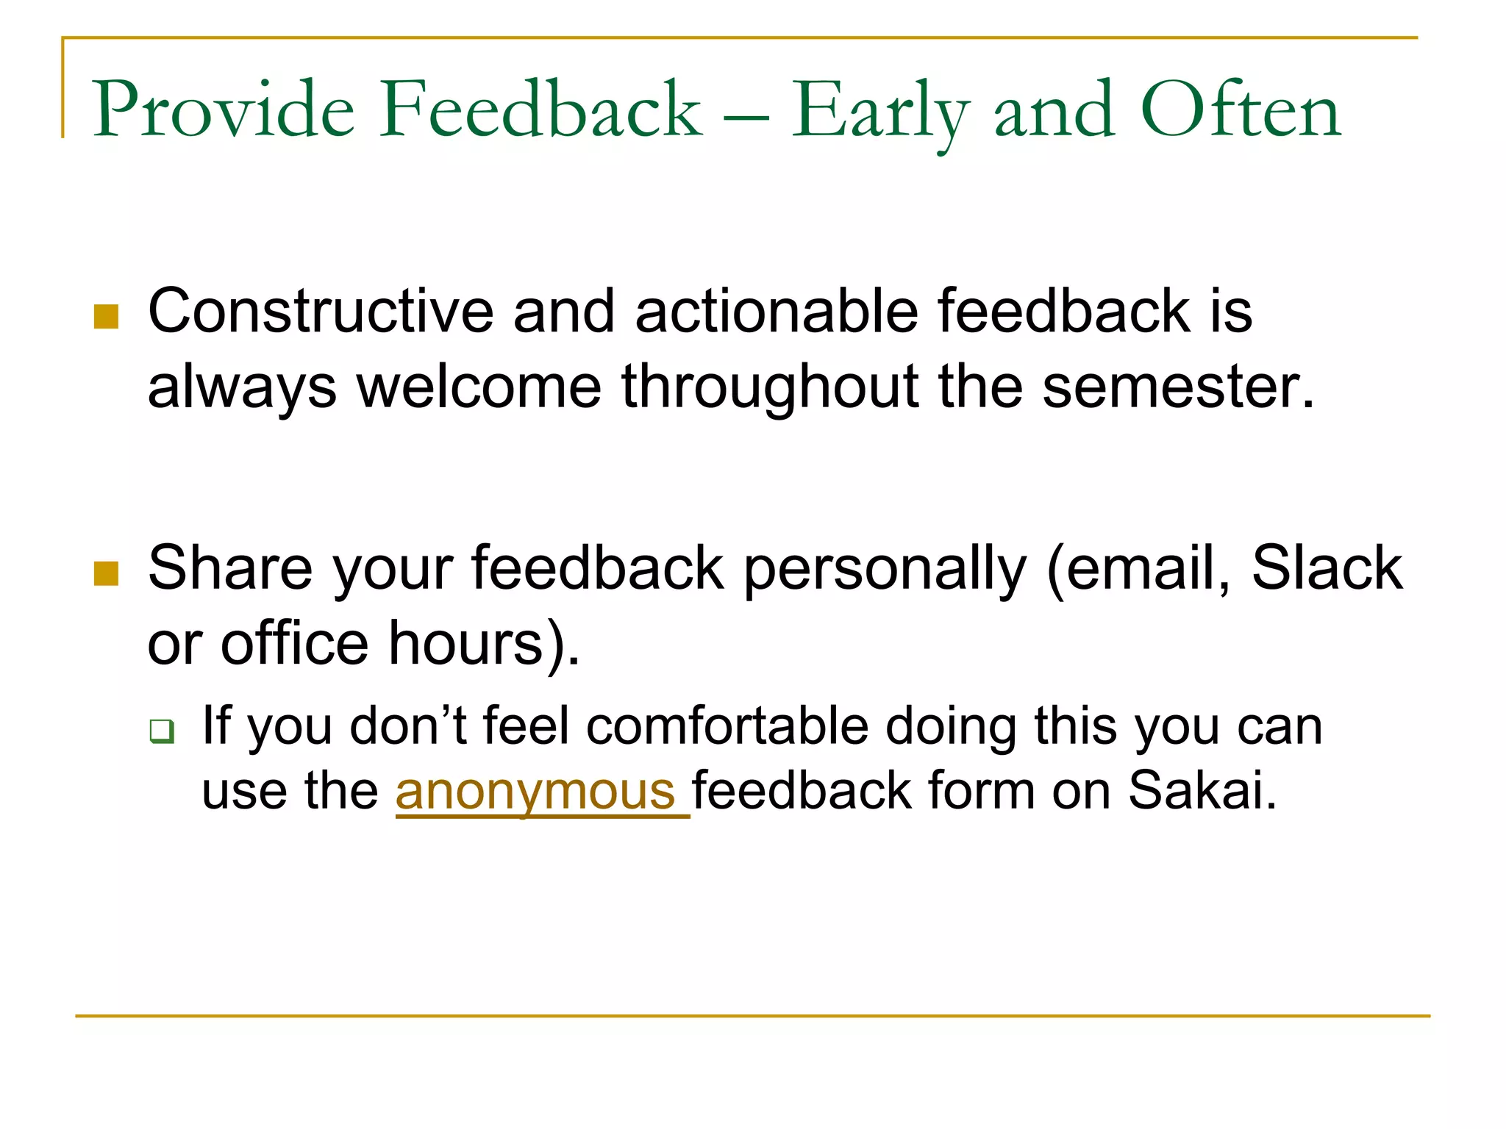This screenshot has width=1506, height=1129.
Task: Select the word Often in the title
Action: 1241,110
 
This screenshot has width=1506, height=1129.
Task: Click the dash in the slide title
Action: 746,115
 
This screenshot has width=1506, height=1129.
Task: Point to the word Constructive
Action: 321,312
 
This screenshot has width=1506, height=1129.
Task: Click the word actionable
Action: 777,312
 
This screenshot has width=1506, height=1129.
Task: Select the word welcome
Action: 479,387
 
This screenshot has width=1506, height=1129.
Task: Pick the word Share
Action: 229,568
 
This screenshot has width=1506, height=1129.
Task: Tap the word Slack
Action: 1327,568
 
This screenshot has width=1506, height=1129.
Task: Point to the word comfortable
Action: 727,727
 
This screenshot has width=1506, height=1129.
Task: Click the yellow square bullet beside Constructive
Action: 107,317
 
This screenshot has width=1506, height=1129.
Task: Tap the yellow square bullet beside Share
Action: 107,573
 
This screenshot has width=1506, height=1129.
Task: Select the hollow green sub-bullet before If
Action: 162,731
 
